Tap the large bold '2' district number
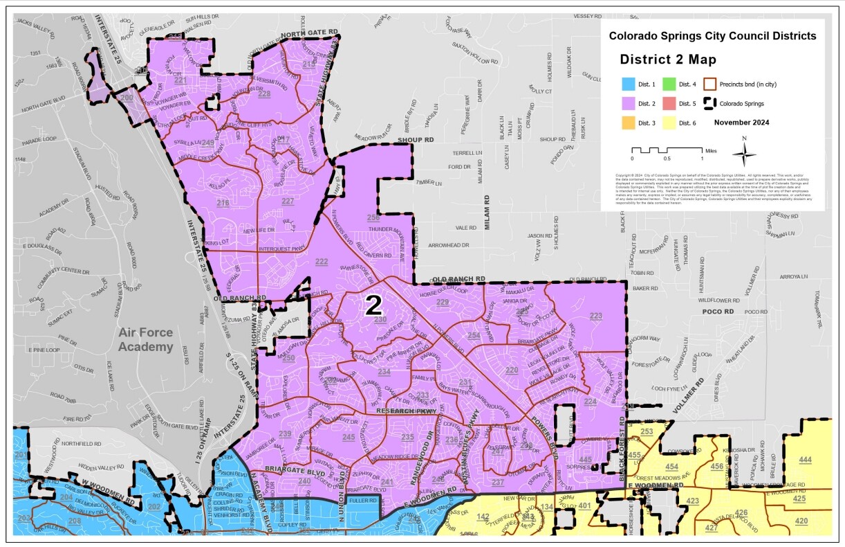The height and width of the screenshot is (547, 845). point(373,305)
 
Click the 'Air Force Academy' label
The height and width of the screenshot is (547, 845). point(145,339)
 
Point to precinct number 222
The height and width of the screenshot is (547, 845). point(322,262)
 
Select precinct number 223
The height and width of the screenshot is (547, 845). point(595,316)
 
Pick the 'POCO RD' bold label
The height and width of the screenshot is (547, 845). point(717,312)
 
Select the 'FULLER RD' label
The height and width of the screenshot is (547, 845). point(362,500)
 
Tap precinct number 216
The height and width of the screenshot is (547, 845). point(223,203)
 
